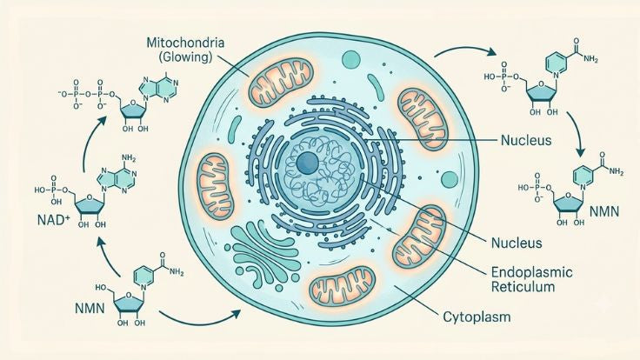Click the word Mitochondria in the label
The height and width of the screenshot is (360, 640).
[x=185, y=43]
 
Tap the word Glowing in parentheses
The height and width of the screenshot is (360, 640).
[x=186, y=57]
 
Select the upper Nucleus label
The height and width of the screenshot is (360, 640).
[x=526, y=140]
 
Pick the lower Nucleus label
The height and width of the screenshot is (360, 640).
[x=517, y=243]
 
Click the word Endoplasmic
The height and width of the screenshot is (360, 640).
[x=531, y=272]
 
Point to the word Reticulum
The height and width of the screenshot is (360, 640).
[x=523, y=287]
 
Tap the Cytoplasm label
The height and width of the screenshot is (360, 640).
[x=477, y=317]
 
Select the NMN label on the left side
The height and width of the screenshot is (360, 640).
[x=90, y=308]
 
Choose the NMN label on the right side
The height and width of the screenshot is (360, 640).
[x=604, y=211]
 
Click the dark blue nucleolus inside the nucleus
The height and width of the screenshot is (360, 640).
[x=307, y=163]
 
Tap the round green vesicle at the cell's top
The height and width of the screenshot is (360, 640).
[x=351, y=60]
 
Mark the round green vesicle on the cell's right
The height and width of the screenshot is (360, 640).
[x=450, y=179]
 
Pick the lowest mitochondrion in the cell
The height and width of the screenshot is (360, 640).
[x=342, y=285]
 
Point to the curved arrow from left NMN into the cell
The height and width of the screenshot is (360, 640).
[x=199, y=320]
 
